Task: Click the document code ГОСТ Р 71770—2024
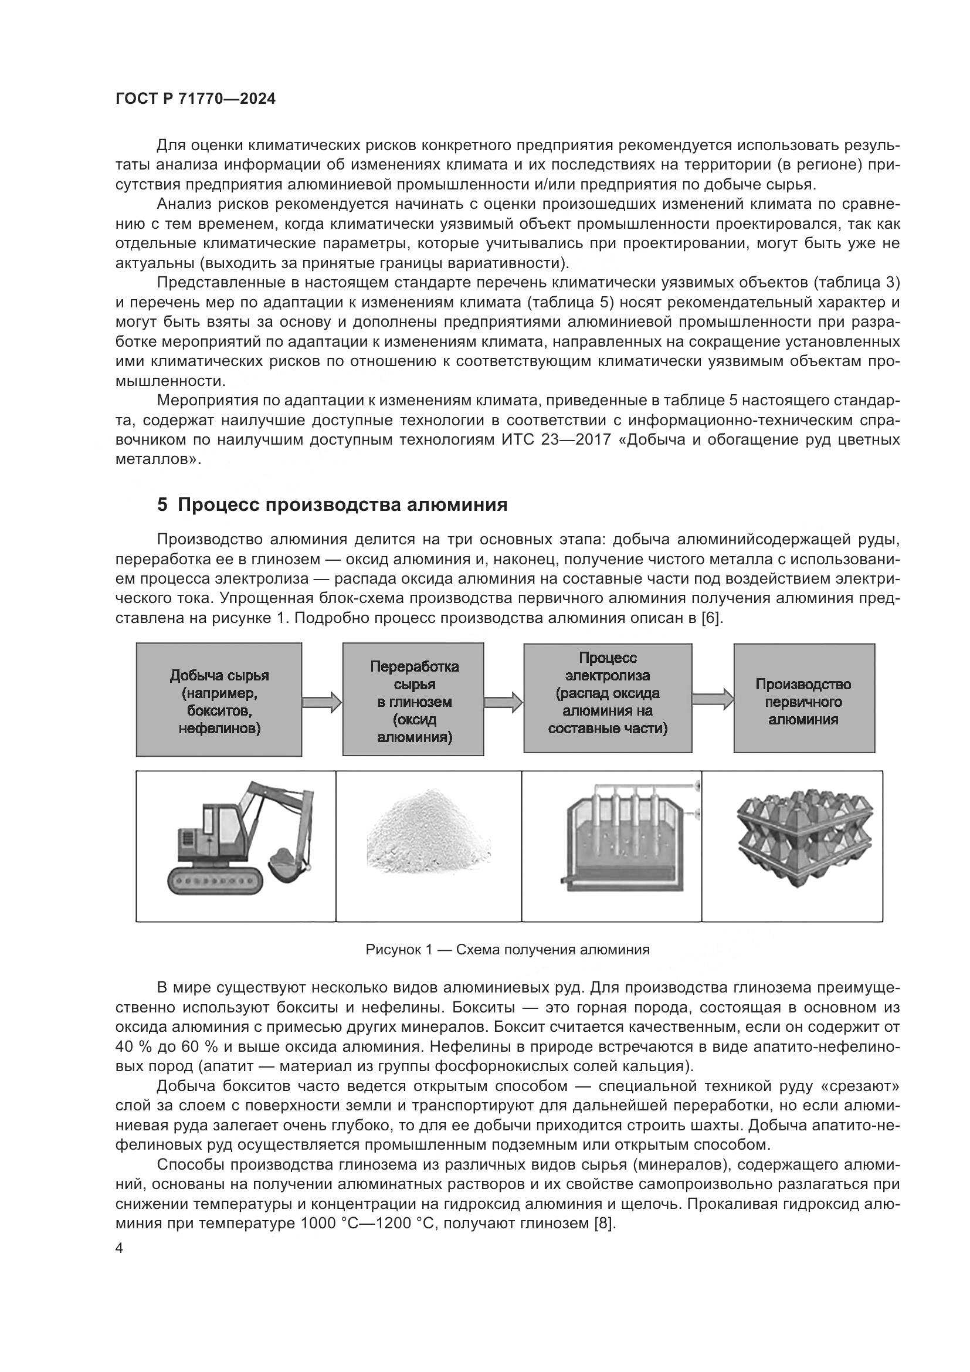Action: coord(195,99)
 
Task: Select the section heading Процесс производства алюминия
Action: coord(332,504)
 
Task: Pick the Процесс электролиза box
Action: coord(608,698)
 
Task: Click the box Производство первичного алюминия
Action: coord(803,698)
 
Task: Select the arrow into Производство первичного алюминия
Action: coord(713,699)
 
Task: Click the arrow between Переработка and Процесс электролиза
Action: coord(504,701)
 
